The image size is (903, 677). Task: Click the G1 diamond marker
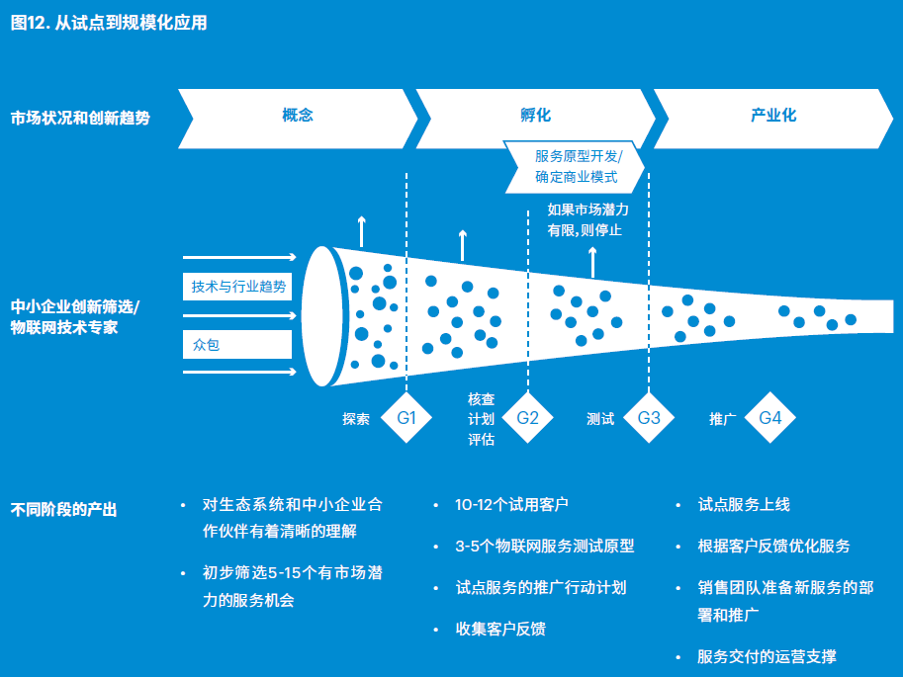click(406, 418)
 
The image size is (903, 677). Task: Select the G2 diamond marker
click(528, 418)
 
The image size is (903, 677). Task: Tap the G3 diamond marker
click(649, 418)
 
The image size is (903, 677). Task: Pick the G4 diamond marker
click(770, 418)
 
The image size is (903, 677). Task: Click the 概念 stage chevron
click(297, 116)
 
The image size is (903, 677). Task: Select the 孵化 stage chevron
click(534, 116)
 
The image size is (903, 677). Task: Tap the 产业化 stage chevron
click(772, 116)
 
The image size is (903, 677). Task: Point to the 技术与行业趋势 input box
click(238, 287)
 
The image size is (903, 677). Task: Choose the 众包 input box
click(238, 345)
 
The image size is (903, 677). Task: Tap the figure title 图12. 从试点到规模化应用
click(109, 23)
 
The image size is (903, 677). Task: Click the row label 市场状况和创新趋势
click(80, 117)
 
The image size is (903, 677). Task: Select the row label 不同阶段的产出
click(64, 510)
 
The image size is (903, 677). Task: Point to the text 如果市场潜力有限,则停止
click(587, 219)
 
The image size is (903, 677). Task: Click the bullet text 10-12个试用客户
click(511, 505)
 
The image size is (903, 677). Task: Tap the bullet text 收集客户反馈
click(500, 629)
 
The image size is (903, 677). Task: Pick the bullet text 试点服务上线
click(744, 505)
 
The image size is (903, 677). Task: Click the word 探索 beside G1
click(356, 419)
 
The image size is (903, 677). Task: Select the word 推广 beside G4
click(723, 419)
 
